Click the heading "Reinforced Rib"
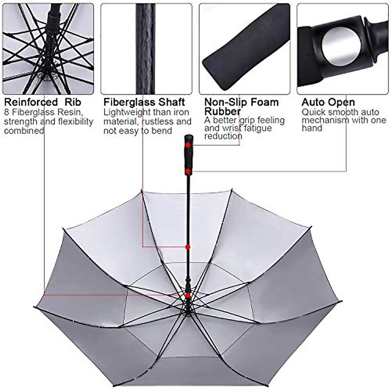[42, 102]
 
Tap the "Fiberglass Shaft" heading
[144, 102]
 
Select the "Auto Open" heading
[328, 102]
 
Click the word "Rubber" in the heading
[223, 111]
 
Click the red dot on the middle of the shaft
[188, 247]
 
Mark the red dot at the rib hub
[188, 295]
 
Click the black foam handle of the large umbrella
[188, 156]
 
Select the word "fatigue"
[257, 128]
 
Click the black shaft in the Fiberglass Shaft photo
[145, 49]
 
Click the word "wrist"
[232, 128]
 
